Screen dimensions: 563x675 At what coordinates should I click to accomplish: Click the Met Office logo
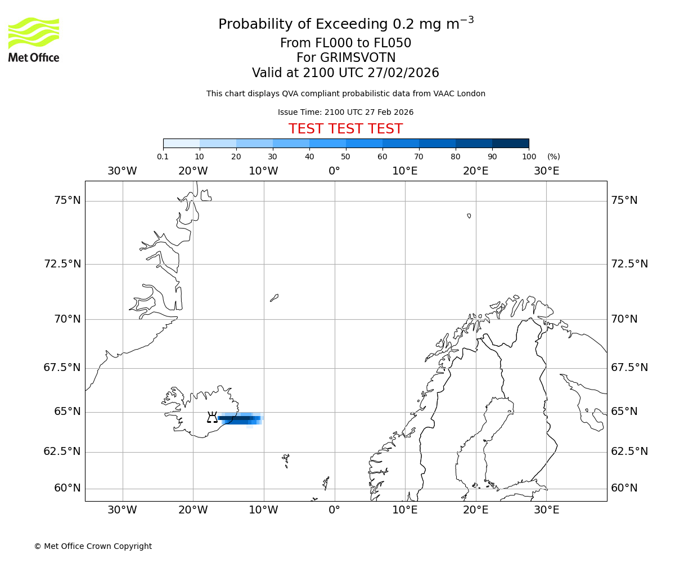point(34,39)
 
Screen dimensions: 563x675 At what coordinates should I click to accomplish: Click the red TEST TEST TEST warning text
point(345,129)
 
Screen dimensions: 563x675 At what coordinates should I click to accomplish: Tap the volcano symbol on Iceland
point(212,417)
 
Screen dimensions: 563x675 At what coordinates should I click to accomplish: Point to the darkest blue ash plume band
point(239,418)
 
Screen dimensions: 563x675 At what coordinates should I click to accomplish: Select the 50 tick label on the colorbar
point(345,157)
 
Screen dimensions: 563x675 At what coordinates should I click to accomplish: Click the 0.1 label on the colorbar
point(163,157)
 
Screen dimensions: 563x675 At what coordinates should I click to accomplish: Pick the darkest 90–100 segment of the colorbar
point(510,143)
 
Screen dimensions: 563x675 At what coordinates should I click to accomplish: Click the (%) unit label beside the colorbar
point(553,157)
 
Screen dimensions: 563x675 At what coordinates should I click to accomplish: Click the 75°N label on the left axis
point(67,200)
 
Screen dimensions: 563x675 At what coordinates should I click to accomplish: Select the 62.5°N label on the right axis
point(629,452)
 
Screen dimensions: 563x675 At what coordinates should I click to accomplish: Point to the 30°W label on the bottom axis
point(122,510)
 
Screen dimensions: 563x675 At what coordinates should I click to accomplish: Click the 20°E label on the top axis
point(475,171)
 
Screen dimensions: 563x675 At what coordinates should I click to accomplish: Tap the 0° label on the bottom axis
point(334,510)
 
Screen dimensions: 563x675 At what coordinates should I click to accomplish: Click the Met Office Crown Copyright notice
point(93,546)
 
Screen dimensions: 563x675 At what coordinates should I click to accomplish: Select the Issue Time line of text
point(345,112)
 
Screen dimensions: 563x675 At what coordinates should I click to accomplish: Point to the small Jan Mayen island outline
point(274,297)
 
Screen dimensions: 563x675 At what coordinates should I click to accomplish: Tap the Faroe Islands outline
point(286,461)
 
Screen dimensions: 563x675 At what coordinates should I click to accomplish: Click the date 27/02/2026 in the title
point(403,73)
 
